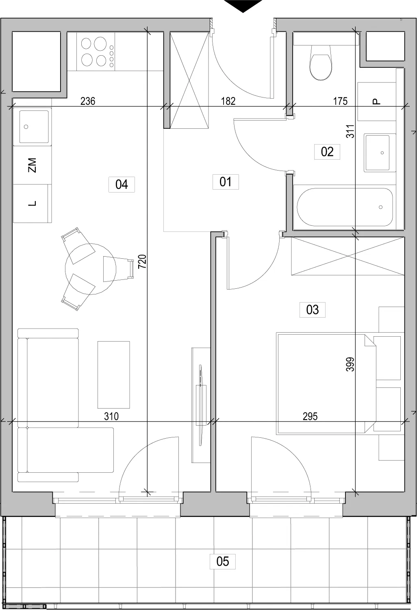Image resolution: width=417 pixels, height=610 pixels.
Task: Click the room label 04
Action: (122, 185)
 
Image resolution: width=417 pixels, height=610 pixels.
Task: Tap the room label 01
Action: (226, 182)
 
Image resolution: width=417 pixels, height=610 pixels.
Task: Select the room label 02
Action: (327, 152)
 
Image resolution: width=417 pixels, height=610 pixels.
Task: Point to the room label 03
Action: (312, 310)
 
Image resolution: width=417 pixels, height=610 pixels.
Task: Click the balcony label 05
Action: (223, 561)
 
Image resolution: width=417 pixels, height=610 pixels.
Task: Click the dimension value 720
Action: (142, 262)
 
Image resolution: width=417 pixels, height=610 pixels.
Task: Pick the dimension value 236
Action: (88, 101)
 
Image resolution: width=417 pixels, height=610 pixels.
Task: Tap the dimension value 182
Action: (228, 101)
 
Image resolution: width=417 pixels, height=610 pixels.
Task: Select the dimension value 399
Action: (350, 364)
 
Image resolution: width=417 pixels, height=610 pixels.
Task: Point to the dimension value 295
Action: (310, 416)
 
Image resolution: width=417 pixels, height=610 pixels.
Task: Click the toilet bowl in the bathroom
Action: (321, 63)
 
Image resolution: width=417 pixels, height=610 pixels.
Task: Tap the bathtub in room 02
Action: (345, 207)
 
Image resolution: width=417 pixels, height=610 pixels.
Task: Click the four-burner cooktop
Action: (96, 52)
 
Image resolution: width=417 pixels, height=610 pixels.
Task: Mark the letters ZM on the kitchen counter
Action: (32, 165)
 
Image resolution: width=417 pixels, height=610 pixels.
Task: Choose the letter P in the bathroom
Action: (376, 102)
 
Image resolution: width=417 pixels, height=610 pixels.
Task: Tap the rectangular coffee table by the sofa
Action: (114, 375)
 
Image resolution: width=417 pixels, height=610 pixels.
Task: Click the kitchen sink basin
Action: (34, 127)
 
